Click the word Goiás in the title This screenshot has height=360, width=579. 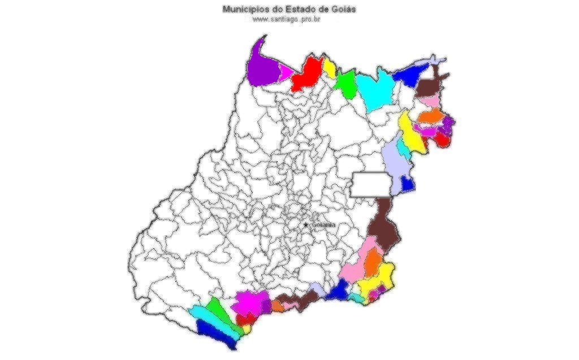[344, 10]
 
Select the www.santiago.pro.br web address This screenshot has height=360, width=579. [287, 19]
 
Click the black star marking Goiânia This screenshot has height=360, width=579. [306, 225]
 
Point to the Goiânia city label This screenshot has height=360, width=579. [323, 225]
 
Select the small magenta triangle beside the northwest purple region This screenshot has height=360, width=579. [286, 72]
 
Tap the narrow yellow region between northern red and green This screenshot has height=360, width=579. [329, 68]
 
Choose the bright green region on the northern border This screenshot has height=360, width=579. [345, 84]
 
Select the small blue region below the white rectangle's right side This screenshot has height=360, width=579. [407, 184]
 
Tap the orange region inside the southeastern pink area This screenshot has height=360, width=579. [373, 262]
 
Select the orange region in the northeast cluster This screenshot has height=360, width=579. [430, 116]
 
